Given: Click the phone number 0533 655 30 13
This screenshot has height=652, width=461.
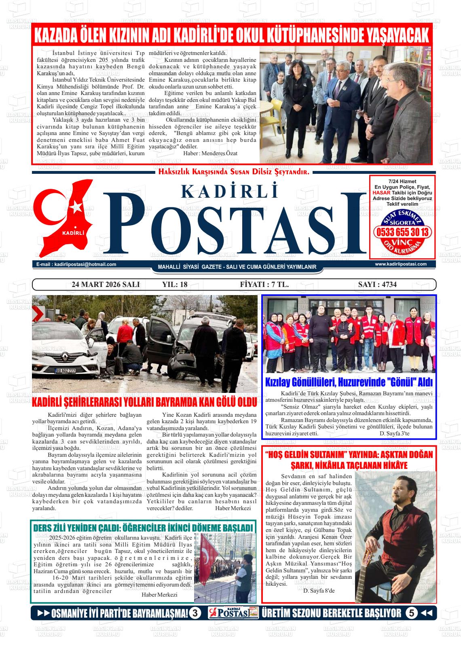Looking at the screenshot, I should [402, 232].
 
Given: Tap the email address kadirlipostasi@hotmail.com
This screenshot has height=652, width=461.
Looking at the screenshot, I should [76, 264].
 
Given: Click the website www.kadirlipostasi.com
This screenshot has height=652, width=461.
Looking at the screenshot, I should [401, 264].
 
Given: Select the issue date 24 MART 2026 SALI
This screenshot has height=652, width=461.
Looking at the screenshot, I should [105, 285].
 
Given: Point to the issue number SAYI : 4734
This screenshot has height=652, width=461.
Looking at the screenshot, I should [377, 285].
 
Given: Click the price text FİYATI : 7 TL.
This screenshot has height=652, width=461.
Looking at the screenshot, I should [264, 285].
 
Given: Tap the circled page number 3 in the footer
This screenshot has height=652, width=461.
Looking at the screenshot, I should [195, 613].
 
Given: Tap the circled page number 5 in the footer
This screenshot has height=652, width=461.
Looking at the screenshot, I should [411, 613].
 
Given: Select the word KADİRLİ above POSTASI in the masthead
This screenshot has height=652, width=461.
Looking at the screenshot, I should [230, 191].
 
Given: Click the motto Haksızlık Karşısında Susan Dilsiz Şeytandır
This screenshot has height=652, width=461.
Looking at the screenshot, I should [234, 172].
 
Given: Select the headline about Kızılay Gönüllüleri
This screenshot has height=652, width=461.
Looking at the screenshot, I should [349, 382].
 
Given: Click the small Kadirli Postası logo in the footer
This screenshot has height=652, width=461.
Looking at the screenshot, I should [234, 613].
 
